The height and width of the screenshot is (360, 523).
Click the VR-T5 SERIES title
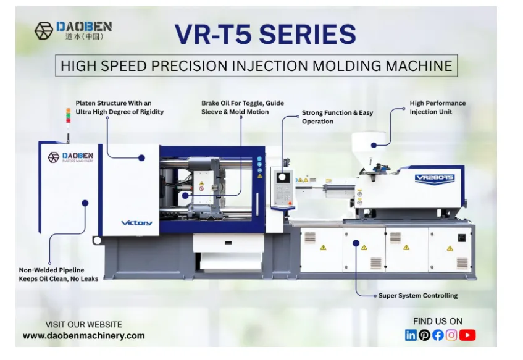265,34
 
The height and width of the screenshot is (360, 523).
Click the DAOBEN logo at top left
73,30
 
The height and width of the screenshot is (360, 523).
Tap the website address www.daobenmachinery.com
83,336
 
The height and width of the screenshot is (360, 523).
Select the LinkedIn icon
411,335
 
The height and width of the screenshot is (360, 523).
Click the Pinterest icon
424,335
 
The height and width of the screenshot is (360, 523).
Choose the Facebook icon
438,335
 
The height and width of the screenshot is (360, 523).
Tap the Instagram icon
451,335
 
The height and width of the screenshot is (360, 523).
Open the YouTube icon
467,335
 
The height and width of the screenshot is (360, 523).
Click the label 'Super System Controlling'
418,296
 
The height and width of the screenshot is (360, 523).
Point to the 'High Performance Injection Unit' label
437,107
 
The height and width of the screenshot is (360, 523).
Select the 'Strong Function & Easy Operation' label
337,117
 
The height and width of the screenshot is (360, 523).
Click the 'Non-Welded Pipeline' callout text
58,275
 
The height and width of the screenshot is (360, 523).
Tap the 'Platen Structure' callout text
119,107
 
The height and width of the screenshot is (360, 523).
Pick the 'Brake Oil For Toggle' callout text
242,107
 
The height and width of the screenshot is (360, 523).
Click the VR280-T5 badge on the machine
435,178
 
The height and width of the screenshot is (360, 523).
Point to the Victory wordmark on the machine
136,222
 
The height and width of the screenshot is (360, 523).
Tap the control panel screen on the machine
282,178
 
